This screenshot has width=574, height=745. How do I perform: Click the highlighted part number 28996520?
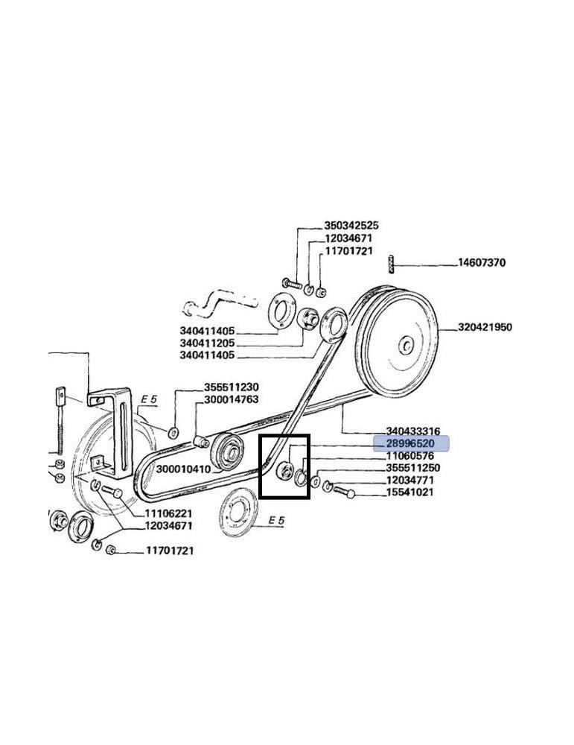coord(410,444)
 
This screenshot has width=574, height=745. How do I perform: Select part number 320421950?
coord(485,327)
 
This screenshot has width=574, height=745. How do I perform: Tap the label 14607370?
coord(482,262)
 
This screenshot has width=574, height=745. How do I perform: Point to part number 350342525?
coord(351,225)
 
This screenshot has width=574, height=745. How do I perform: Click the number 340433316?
coord(412,431)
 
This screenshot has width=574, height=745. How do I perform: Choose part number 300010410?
coord(183,469)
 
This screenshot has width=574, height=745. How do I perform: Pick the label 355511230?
coord(232,387)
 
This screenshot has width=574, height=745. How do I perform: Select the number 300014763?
coord(232,399)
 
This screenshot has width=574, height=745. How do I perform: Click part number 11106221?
coord(168,513)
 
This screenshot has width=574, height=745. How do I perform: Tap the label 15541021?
coord(409,492)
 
